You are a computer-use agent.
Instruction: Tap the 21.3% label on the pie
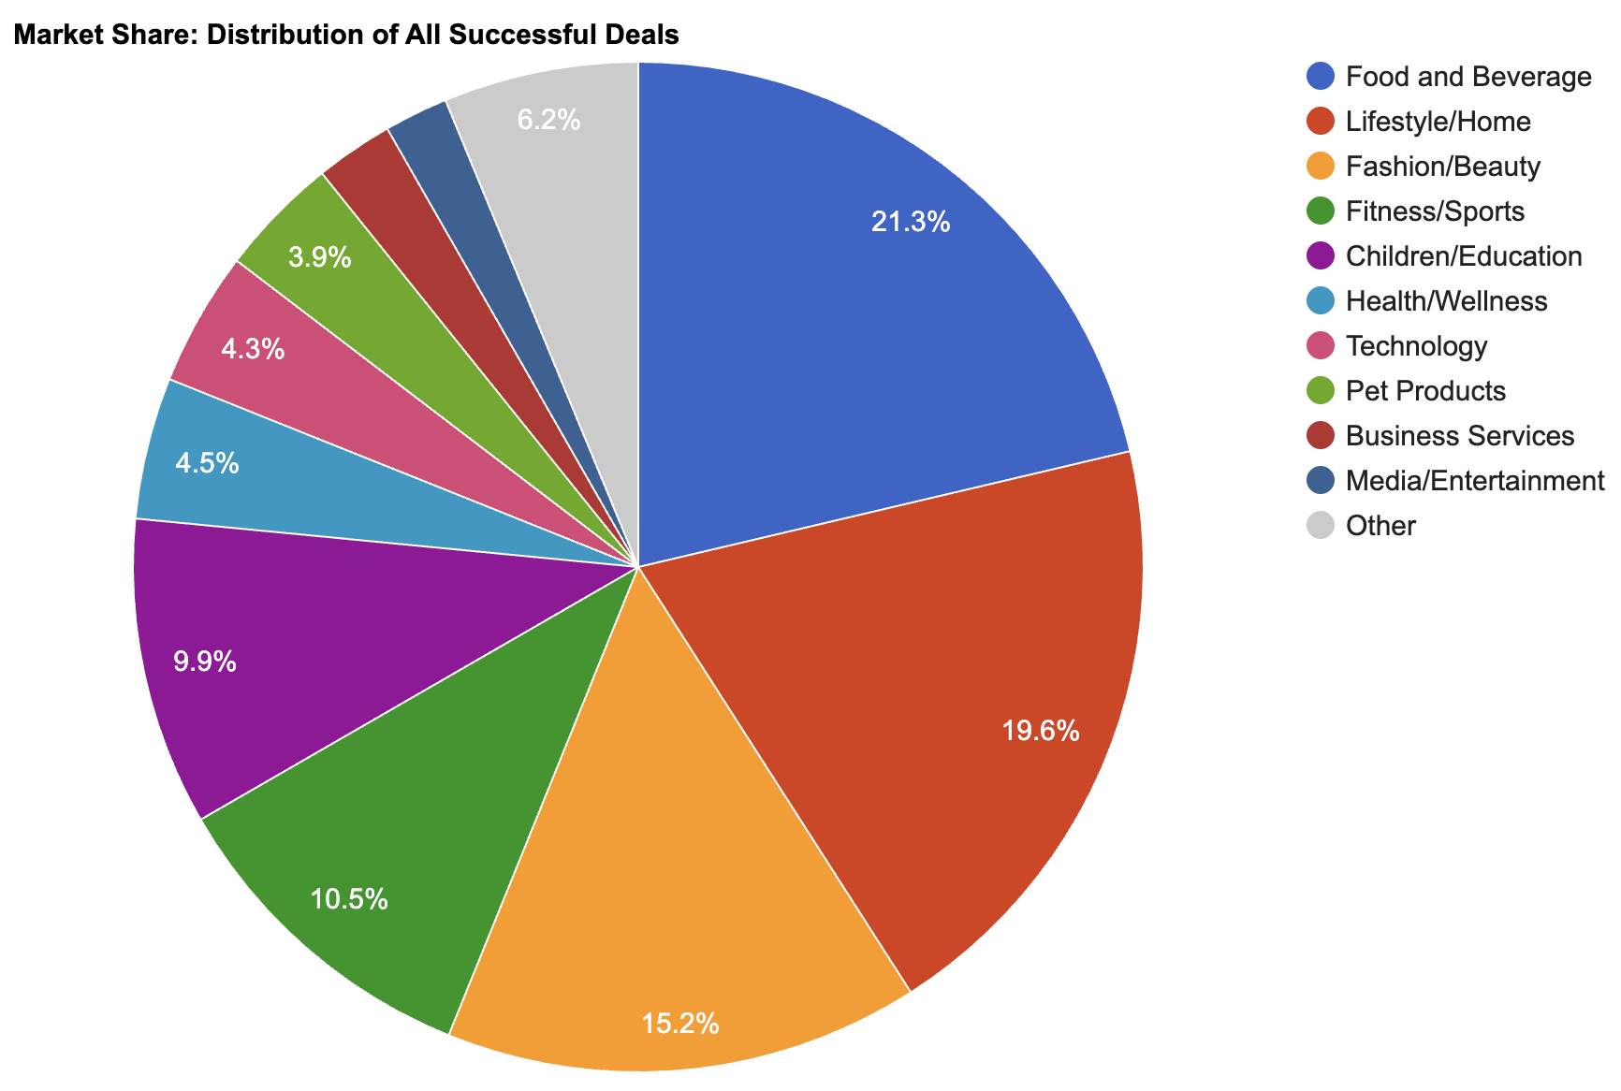910,223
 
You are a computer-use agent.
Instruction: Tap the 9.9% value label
204,662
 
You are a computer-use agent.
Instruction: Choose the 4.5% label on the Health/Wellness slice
207,464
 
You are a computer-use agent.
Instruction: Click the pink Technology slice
309,374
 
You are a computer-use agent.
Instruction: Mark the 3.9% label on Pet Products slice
320,258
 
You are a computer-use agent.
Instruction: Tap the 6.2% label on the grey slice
548,120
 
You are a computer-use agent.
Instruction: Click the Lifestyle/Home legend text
1438,122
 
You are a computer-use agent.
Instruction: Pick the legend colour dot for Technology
1320,346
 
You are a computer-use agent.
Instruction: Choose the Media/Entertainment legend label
1474,481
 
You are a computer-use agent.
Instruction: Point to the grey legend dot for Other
1320,526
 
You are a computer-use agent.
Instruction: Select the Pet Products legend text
1425,391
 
